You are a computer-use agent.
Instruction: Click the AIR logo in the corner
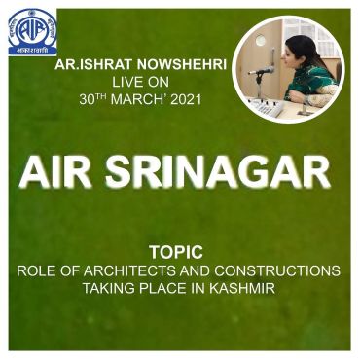pyautogui.click(x=32, y=33)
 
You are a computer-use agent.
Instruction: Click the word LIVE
pyautogui.click(x=126, y=83)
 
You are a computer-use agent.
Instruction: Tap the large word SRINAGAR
pyautogui.click(x=218, y=173)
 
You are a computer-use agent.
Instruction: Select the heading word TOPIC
pyautogui.click(x=176, y=252)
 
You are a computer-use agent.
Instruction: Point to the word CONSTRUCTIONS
pyautogui.click(x=277, y=270)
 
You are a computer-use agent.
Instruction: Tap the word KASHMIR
pyautogui.click(x=242, y=288)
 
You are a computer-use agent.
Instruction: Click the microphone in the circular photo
pyautogui.click(x=262, y=71)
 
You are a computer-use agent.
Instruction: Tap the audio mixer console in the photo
pyautogui.click(x=266, y=106)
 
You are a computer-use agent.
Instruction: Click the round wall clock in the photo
pyautogui.click(x=261, y=40)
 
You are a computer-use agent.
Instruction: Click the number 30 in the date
pyautogui.click(x=87, y=100)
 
